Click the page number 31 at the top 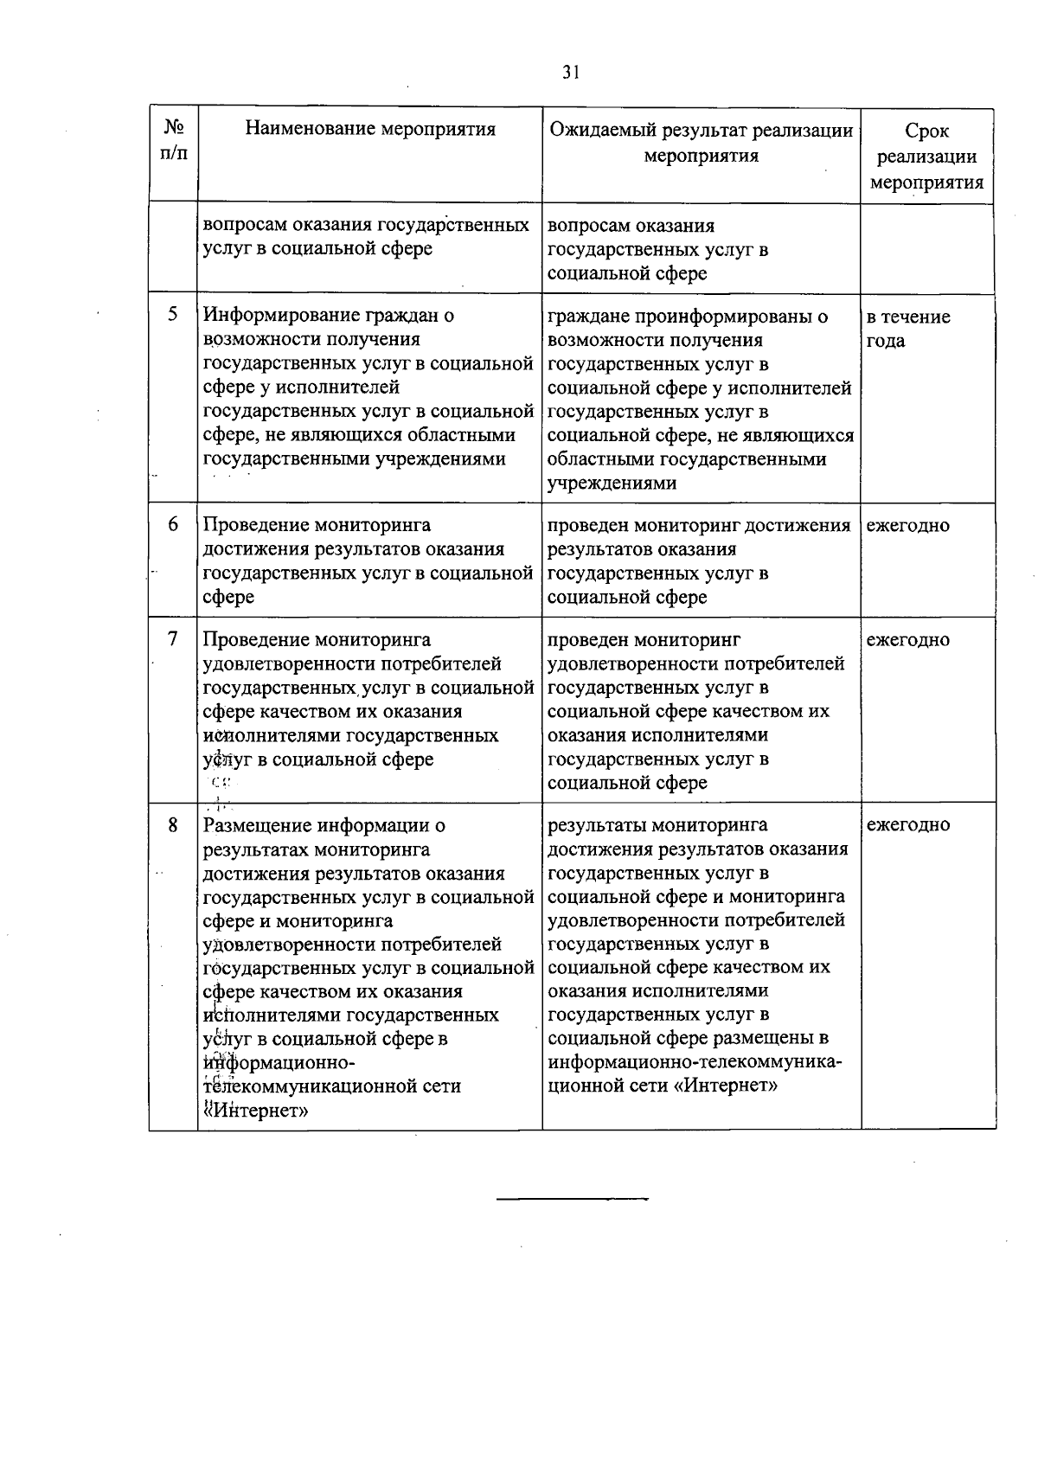570,73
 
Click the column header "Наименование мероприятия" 370,130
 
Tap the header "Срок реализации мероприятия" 926,157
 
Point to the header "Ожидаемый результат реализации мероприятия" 702,143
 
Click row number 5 173,315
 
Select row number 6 173,525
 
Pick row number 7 173,639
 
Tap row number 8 173,825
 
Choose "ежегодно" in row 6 907,525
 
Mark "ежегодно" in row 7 907,640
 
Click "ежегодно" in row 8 907,825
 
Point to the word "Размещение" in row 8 257,825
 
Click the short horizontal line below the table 573,1199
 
